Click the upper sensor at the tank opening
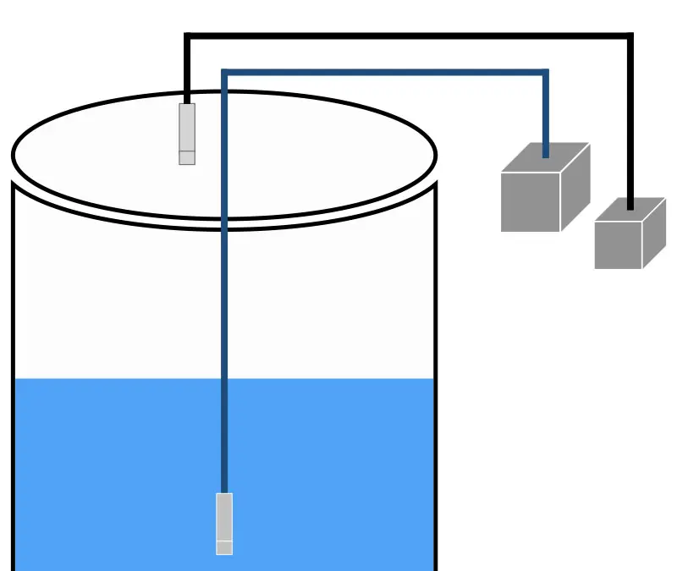(187, 128)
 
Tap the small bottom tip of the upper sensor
(187, 157)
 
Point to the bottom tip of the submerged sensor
(224, 547)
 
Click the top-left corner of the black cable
(188, 36)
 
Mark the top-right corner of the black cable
(630, 36)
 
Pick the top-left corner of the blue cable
(225, 73)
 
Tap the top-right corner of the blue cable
(546, 73)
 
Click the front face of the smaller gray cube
(618, 245)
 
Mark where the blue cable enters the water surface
(225, 379)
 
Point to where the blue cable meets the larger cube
(546, 155)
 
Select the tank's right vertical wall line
(436, 381)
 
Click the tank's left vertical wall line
(13, 381)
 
